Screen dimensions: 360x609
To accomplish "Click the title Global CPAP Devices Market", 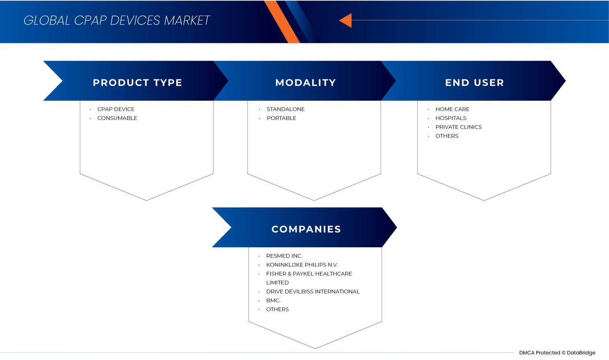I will (x=117, y=20).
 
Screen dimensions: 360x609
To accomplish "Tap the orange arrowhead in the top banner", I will (x=346, y=20).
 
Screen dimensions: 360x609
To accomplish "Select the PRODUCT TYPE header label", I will (x=137, y=82).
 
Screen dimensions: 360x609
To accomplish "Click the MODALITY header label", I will (x=305, y=82).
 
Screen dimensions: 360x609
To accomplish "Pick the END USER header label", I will (x=474, y=82).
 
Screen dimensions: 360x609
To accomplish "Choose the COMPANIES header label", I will (x=306, y=229).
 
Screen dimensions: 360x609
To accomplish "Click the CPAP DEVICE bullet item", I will (x=116, y=109).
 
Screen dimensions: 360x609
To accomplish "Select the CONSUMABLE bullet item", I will (x=117, y=118).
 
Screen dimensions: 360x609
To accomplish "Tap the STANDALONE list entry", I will (x=286, y=109).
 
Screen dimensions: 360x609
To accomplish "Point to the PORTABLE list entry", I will (x=281, y=118).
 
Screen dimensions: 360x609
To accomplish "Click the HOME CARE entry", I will (x=453, y=109).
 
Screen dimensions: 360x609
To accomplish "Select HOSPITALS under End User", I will (x=451, y=118).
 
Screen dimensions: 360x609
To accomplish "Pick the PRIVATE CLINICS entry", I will (x=458, y=127).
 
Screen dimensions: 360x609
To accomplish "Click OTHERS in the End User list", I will (x=447, y=136).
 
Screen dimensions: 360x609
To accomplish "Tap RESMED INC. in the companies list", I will (x=284, y=256).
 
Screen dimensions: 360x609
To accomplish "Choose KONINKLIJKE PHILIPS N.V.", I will (x=302, y=265).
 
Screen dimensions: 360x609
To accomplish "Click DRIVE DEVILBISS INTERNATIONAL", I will (x=313, y=291).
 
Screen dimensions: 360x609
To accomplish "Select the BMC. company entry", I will (x=273, y=300).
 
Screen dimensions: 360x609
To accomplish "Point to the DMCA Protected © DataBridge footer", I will (x=557, y=353).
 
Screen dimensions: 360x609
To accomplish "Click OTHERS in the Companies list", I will (x=277, y=309).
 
